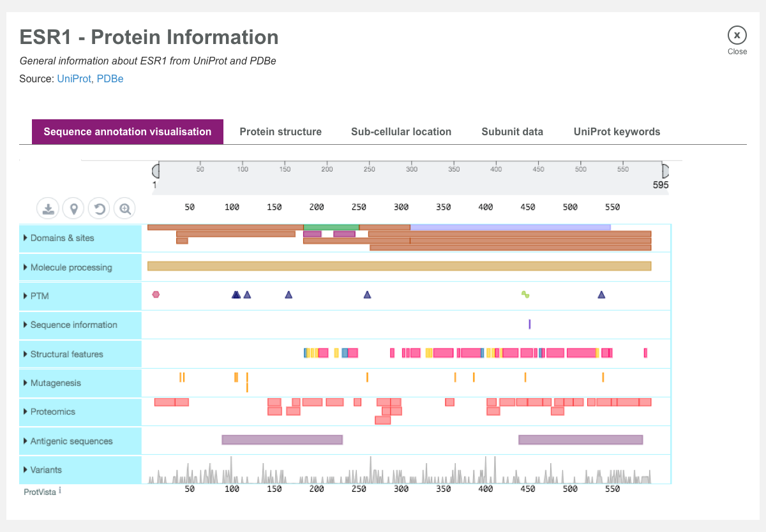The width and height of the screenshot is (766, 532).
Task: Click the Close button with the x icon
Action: [x=737, y=35]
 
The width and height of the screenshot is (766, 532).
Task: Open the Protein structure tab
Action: [x=280, y=132]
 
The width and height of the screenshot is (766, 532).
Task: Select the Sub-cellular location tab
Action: [x=401, y=132]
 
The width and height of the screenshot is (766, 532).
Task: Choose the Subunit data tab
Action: [x=512, y=132]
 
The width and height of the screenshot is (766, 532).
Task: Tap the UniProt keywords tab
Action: [x=617, y=132]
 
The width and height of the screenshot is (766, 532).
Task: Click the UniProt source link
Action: [x=74, y=79]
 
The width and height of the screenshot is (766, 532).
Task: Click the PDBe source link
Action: [x=110, y=79]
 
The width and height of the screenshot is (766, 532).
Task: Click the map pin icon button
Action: [x=74, y=208]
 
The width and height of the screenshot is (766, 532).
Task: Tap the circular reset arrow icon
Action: [x=99, y=208]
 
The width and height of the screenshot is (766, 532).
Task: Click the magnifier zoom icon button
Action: [x=125, y=208]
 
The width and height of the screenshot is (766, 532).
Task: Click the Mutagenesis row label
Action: [x=56, y=383]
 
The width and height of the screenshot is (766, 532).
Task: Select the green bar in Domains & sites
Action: [x=331, y=227]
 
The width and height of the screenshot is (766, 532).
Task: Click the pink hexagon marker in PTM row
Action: [x=156, y=294]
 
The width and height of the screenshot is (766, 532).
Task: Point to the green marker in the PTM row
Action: [x=525, y=294]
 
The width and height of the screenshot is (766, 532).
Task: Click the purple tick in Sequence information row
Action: [x=530, y=324]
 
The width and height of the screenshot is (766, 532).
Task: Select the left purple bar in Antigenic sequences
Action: [x=282, y=440]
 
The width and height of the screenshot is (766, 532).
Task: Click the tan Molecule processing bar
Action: [x=399, y=266]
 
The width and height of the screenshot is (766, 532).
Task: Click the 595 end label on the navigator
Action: [x=660, y=185]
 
